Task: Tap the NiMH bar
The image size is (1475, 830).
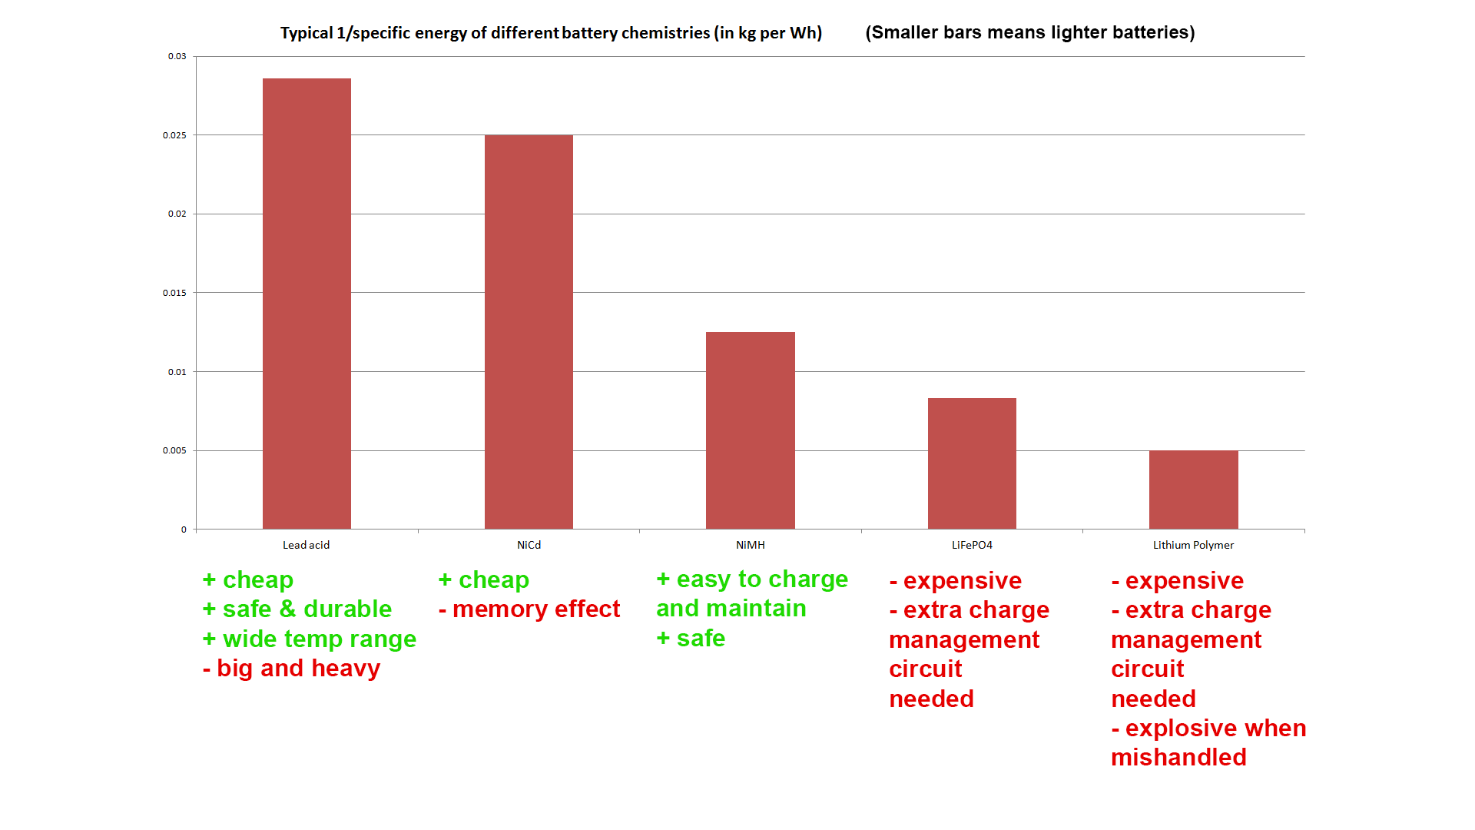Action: point(750,430)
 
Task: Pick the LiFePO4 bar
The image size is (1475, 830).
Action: point(972,463)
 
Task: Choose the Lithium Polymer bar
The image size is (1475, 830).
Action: point(1193,490)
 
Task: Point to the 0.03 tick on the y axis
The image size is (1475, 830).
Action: point(177,56)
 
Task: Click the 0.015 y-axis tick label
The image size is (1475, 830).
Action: point(174,293)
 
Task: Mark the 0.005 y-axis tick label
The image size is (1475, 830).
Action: point(174,450)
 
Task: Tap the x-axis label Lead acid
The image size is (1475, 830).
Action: point(306,545)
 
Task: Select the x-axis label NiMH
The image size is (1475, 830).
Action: point(750,545)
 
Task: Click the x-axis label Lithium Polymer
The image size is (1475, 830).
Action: point(1193,545)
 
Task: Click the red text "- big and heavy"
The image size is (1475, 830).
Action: point(291,669)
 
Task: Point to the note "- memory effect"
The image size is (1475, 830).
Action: point(529,609)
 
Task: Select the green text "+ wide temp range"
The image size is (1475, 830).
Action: point(309,639)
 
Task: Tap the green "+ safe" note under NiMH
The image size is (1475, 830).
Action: point(691,639)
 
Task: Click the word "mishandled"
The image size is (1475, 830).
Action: point(1178,758)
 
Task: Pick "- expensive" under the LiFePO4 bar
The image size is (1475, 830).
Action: point(955,581)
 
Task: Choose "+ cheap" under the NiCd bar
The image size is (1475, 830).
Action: point(483,580)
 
